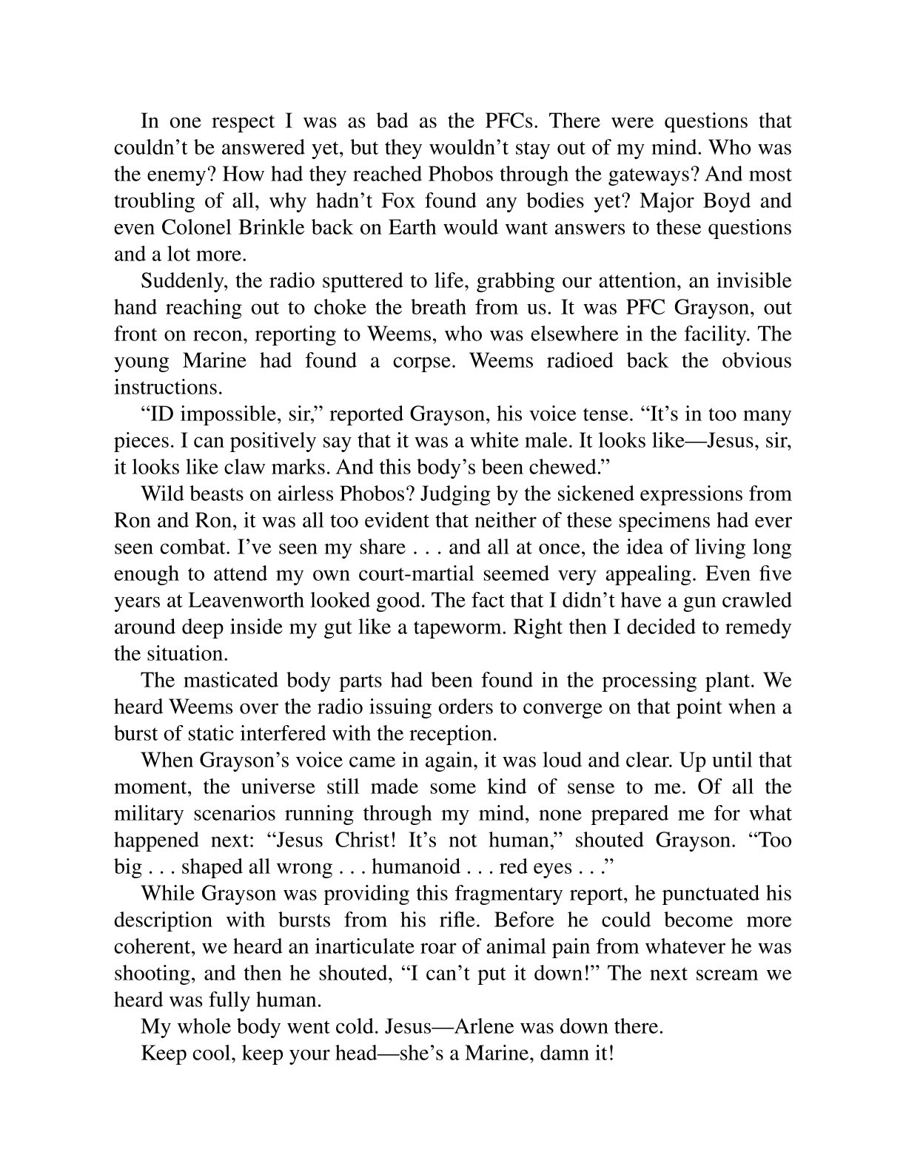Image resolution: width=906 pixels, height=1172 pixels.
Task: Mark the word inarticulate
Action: (x=425, y=946)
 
